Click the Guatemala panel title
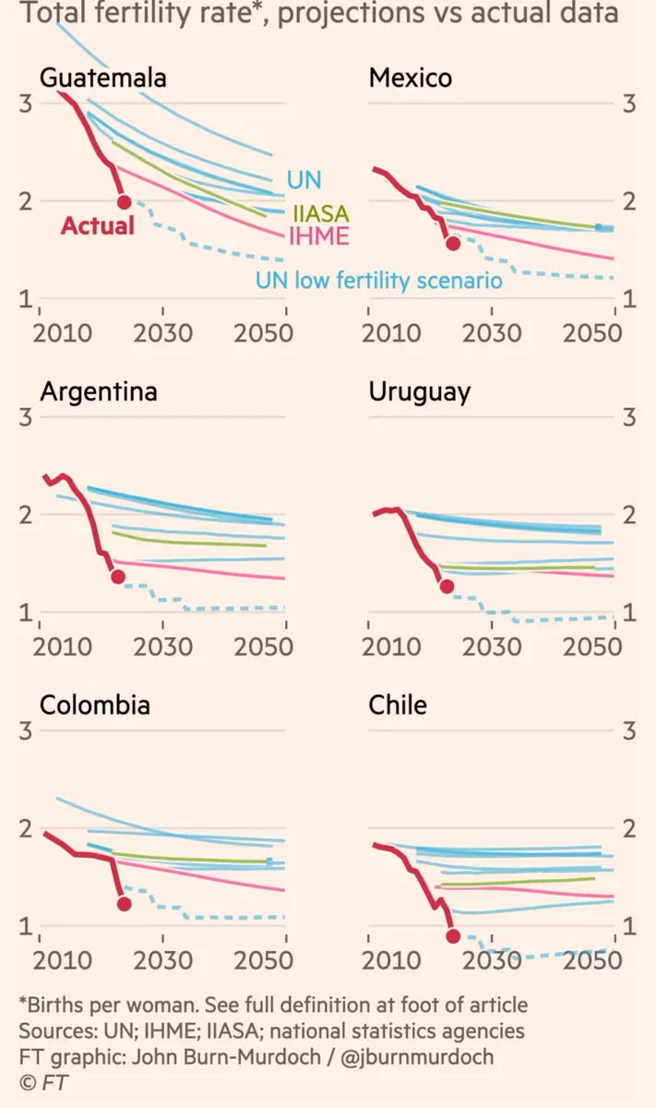click(x=102, y=78)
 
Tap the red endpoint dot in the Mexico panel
click(x=453, y=243)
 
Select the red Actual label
click(x=98, y=225)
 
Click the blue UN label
click(x=304, y=179)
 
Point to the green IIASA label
click(x=321, y=214)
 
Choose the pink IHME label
click(x=319, y=236)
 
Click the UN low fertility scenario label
click(x=378, y=281)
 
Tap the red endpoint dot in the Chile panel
click(x=453, y=935)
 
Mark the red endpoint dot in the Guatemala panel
click(x=124, y=202)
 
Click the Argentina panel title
click(x=99, y=391)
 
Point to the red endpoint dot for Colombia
click(x=124, y=904)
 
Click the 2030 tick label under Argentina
click(x=162, y=646)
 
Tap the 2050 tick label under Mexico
click(x=592, y=333)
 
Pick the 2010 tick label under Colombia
click(x=63, y=960)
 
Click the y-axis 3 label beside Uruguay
click(x=629, y=417)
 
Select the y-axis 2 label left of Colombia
click(x=26, y=828)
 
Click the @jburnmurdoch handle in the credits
click(x=417, y=1056)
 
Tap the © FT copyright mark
click(x=43, y=1082)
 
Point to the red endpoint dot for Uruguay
click(x=447, y=586)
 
